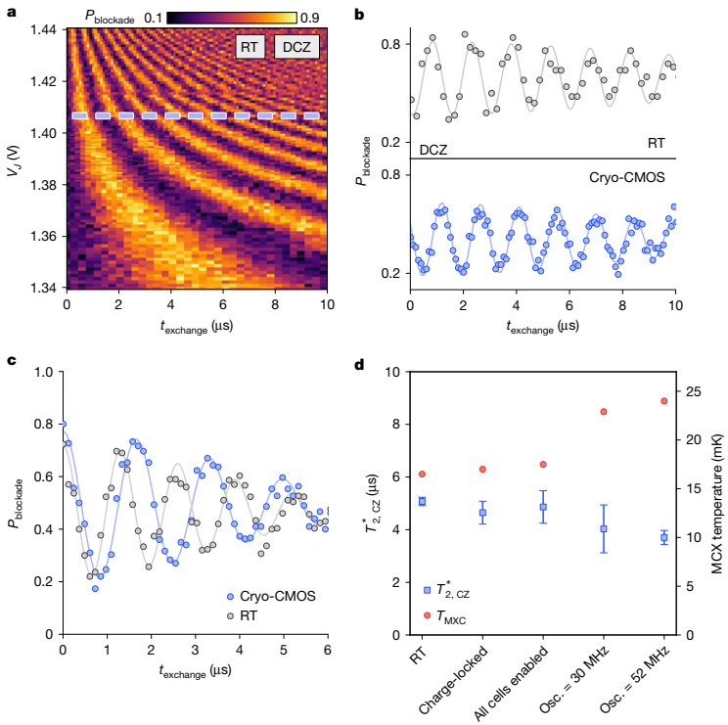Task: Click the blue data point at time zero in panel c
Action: (x=64, y=425)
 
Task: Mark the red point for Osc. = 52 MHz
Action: (x=663, y=400)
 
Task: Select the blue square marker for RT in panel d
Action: (x=422, y=501)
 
